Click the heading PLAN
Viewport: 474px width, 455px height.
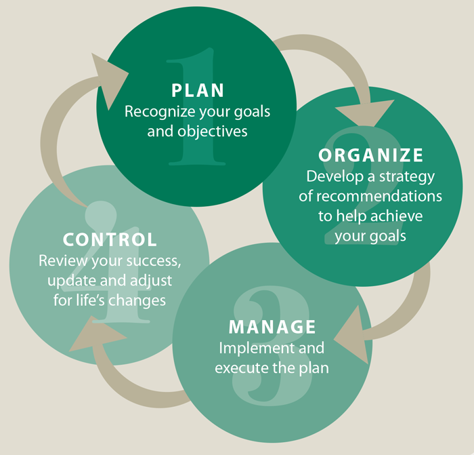click(198, 90)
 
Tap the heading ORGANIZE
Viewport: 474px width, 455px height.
click(370, 155)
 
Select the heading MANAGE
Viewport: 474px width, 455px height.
click(272, 327)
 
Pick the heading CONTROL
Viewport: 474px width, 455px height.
click(110, 239)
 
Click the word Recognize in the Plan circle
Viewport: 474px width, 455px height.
click(160, 112)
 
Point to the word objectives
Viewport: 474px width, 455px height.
click(212, 132)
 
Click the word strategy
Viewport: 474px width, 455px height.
click(407, 177)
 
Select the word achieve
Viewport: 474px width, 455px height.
click(397, 216)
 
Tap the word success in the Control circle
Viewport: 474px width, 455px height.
click(154, 262)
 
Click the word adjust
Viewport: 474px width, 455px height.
click(151, 281)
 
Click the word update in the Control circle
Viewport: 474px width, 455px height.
click(72, 281)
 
